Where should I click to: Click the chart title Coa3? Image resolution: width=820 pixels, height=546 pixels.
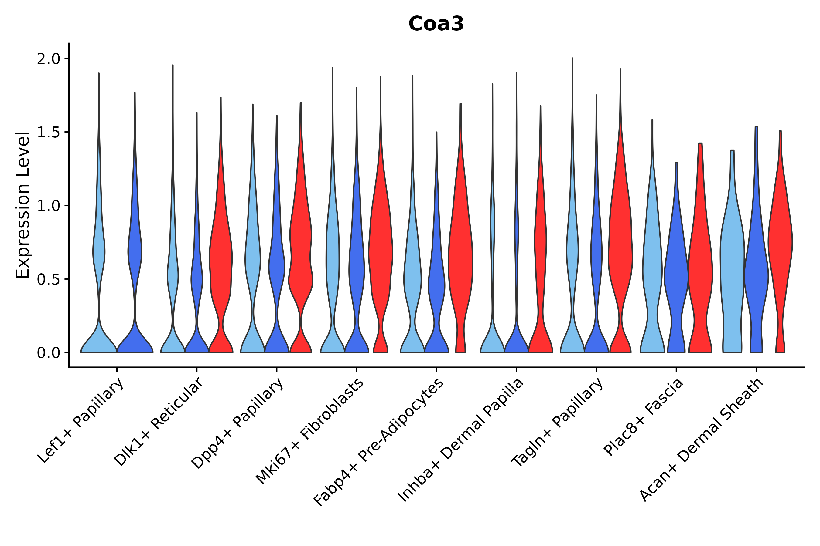click(x=436, y=24)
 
